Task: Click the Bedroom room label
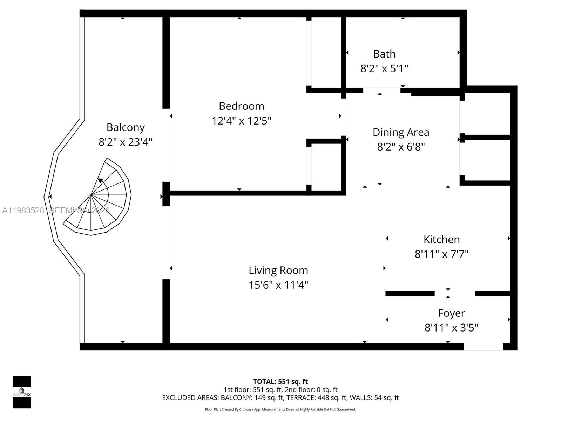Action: click(241, 106)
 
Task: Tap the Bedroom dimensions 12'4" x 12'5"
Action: click(241, 121)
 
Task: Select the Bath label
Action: click(384, 54)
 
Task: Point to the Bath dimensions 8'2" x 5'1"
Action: click(384, 68)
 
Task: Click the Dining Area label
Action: click(401, 132)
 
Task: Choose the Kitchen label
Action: click(441, 239)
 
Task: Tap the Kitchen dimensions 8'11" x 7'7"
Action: click(441, 254)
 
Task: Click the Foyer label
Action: click(451, 313)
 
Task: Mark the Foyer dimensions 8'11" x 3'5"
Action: click(451, 328)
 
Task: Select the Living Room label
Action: click(278, 270)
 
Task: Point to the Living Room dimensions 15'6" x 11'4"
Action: click(278, 285)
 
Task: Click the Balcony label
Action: click(126, 127)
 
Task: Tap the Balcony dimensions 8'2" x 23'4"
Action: click(126, 142)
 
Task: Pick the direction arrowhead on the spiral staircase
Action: click(101, 181)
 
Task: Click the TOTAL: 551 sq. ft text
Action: click(280, 381)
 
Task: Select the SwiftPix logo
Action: click(22, 392)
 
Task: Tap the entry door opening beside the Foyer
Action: click(483, 347)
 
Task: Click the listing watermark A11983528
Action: click(23, 210)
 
